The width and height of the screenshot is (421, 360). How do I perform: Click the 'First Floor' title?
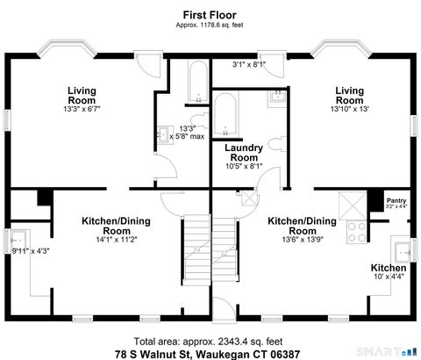210,14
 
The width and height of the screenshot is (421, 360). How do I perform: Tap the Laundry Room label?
243,153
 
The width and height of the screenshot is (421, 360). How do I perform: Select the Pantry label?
396,201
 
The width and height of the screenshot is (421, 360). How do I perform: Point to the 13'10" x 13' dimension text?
349,109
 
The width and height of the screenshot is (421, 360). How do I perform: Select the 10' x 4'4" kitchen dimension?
387,278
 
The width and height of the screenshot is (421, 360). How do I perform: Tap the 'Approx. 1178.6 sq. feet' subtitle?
210,25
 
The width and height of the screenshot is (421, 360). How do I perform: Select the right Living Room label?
349,94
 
